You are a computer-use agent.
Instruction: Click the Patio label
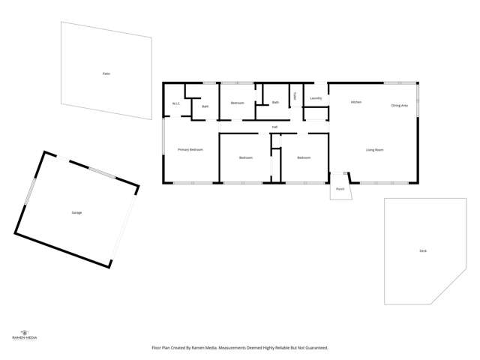click(106, 73)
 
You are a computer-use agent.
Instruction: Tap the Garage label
click(76, 213)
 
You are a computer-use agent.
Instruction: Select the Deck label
click(424, 250)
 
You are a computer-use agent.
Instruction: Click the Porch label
click(340, 189)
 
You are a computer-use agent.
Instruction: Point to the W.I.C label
click(175, 103)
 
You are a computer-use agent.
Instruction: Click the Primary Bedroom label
click(190, 150)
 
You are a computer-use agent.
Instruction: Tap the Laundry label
click(316, 98)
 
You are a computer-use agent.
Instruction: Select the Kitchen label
click(356, 102)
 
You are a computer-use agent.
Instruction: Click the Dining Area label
click(400, 106)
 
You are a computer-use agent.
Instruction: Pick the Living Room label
click(375, 150)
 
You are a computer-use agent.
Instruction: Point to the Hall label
click(275, 127)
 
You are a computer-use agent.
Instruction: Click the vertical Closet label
click(295, 96)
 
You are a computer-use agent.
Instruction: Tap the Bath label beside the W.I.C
click(205, 106)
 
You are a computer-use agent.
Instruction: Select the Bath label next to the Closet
click(275, 102)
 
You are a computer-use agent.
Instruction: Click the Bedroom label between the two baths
click(237, 102)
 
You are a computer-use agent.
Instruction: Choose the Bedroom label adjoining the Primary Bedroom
click(246, 157)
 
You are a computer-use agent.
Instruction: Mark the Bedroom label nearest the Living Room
click(303, 157)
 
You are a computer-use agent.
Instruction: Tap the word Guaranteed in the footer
click(315, 348)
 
